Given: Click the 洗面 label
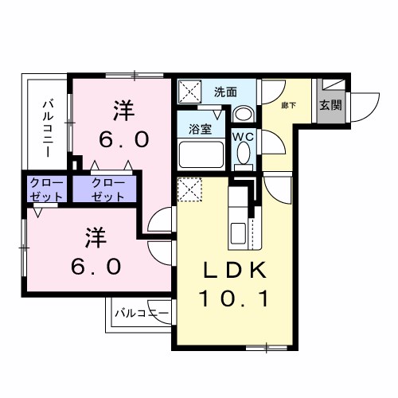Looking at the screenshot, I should (225, 92).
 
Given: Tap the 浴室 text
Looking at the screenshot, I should (199, 127).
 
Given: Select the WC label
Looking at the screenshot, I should (243, 136).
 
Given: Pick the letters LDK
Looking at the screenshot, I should (232, 271).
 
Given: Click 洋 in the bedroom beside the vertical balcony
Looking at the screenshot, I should (123, 107).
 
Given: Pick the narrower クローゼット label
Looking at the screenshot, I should (44, 189).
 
